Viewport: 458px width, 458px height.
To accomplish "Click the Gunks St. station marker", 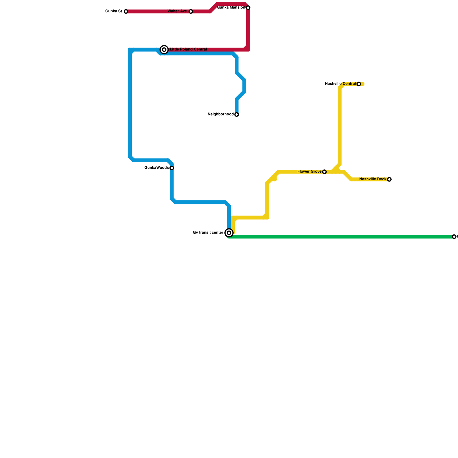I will click(126, 11).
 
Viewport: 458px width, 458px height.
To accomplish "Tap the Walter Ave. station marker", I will click(191, 11).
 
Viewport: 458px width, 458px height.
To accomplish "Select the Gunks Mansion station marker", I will click(248, 8).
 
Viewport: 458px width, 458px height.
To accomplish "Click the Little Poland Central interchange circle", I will click(164, 50).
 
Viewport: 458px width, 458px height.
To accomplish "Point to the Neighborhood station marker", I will click(237, 114).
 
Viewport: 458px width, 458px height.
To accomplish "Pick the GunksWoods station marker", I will click(172, 168).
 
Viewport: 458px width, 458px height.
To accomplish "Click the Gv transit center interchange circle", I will click(229, 233).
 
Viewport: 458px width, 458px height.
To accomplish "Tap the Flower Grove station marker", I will click(324, 172).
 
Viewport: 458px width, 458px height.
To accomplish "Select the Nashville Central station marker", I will click(359, 84).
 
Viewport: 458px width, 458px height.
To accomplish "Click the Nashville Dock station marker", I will click(389, 179).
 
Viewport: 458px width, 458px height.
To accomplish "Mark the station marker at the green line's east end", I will click(454, 237).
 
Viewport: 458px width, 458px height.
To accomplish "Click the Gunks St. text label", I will click(114, 11).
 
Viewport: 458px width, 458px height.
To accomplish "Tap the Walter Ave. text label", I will click(177, 11).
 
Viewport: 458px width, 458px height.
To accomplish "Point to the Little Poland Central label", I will click(188, 50).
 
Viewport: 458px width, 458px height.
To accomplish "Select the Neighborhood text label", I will click(220, 114).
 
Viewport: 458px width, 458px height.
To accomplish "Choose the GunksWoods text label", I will click(157, 168).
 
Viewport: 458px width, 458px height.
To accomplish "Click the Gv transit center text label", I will click(208, 233).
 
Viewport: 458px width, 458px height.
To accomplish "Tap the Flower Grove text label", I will click(309, 172).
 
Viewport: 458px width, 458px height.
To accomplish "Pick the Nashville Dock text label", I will click(373, 179).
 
